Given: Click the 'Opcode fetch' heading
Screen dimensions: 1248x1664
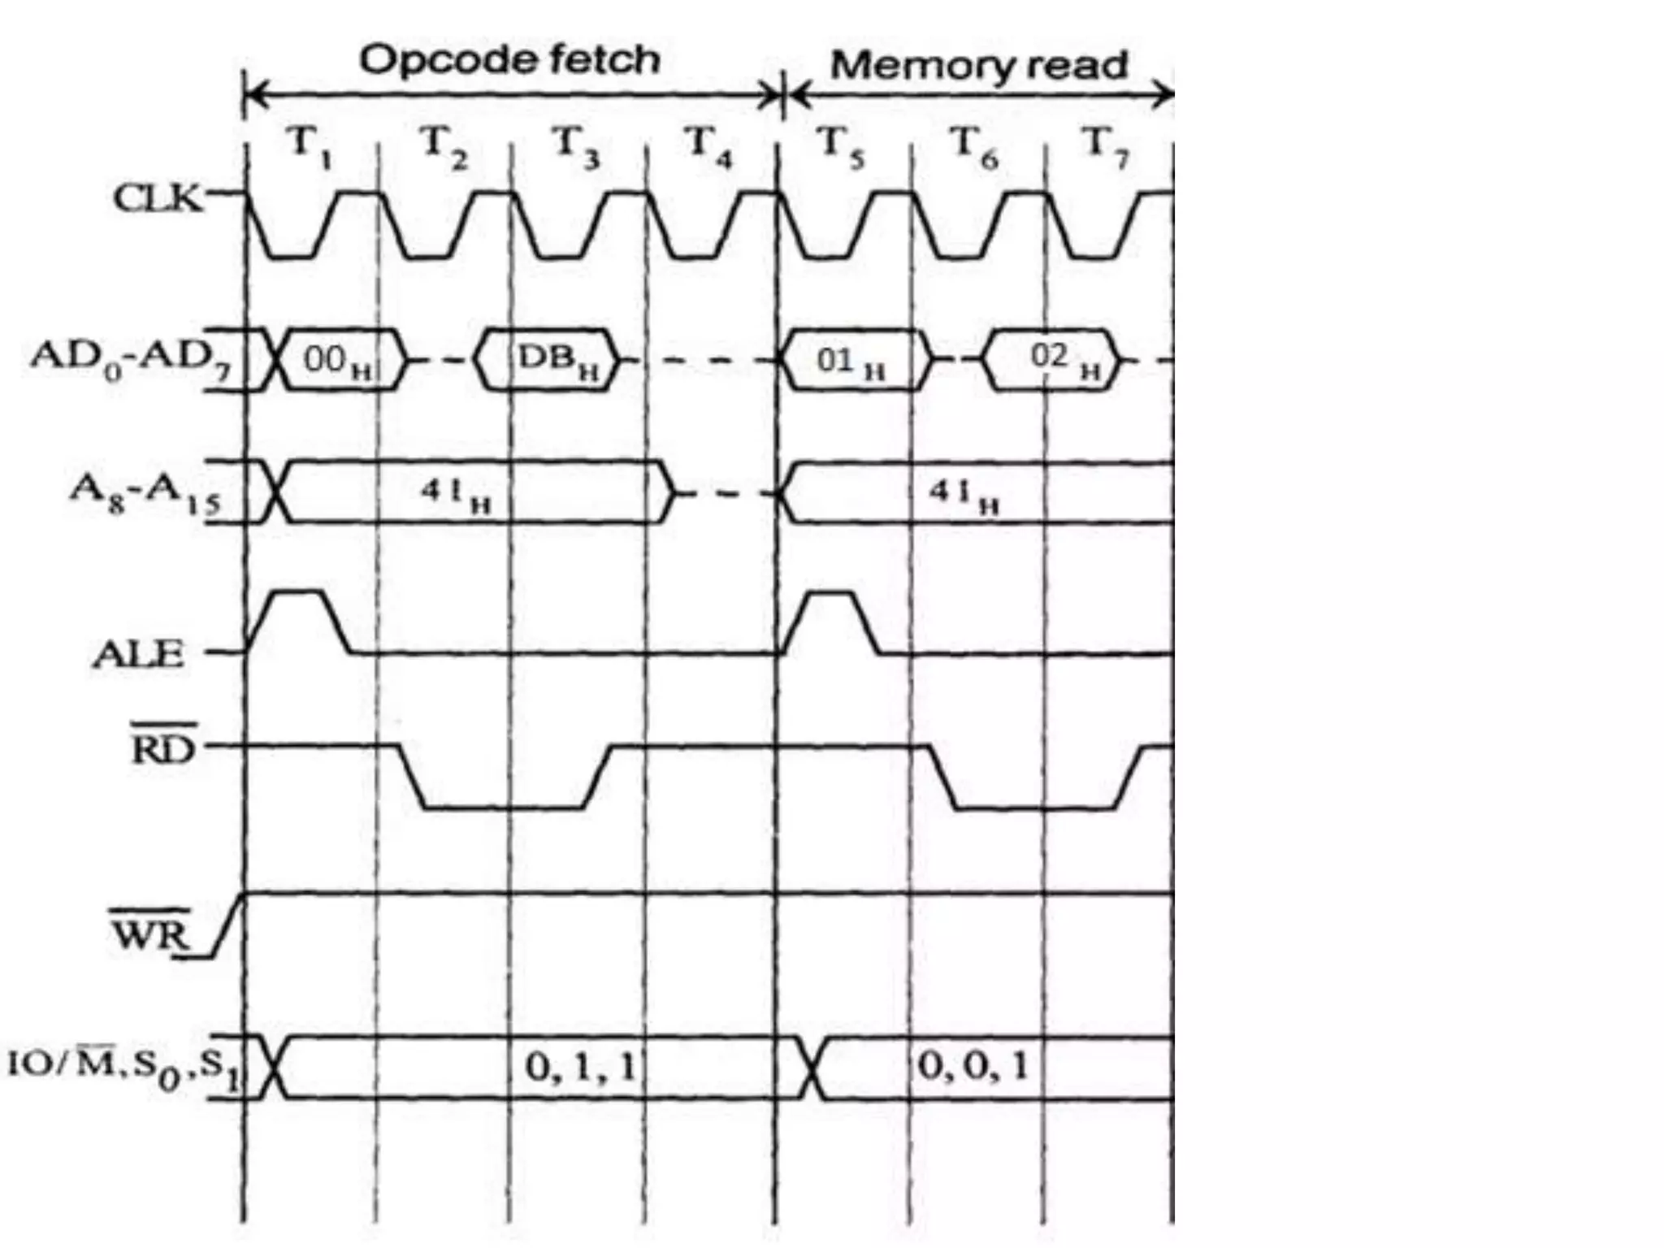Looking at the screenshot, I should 509,59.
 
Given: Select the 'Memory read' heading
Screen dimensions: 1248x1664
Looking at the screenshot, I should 979,65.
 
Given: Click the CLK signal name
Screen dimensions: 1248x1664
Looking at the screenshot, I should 158,197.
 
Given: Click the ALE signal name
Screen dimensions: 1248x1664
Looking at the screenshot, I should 138,654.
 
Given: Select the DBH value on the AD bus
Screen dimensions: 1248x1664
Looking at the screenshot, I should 557,360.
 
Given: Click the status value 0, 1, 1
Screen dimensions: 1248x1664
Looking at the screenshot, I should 580,1067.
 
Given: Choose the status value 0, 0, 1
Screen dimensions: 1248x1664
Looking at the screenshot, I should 973,1066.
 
